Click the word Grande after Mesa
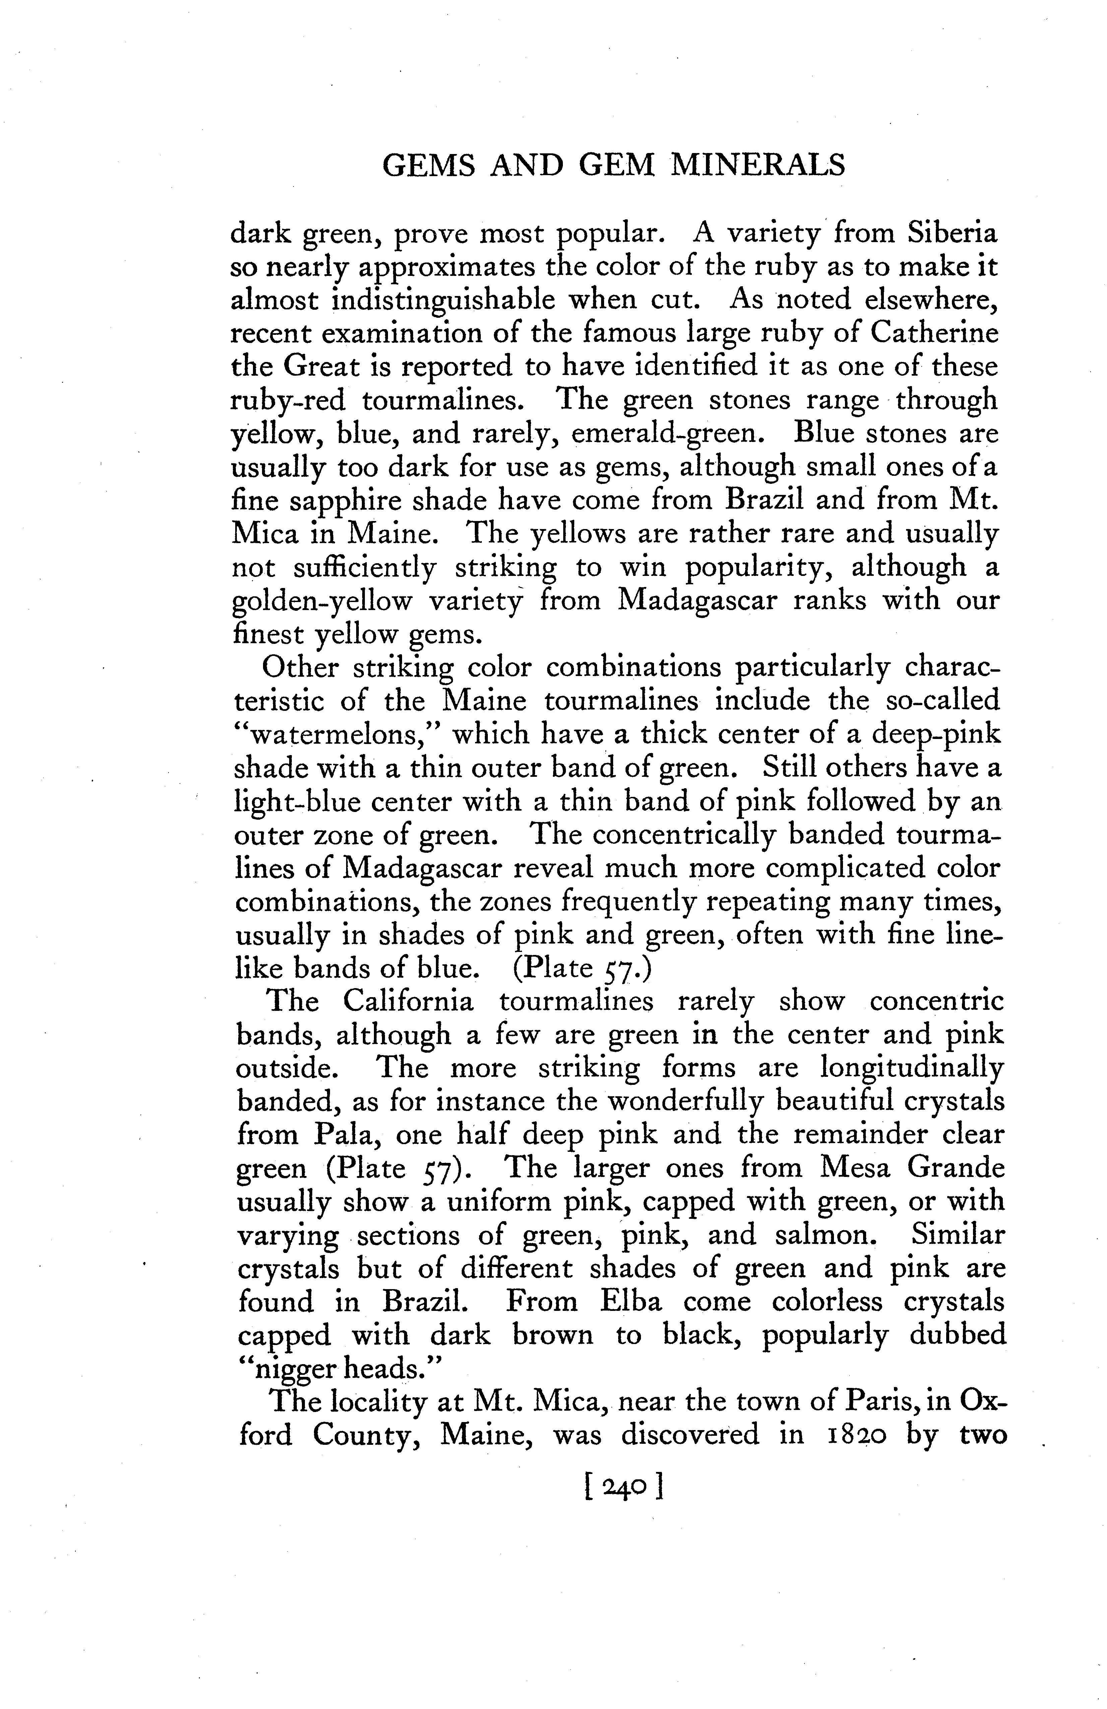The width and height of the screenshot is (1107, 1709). (956, 1168)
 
